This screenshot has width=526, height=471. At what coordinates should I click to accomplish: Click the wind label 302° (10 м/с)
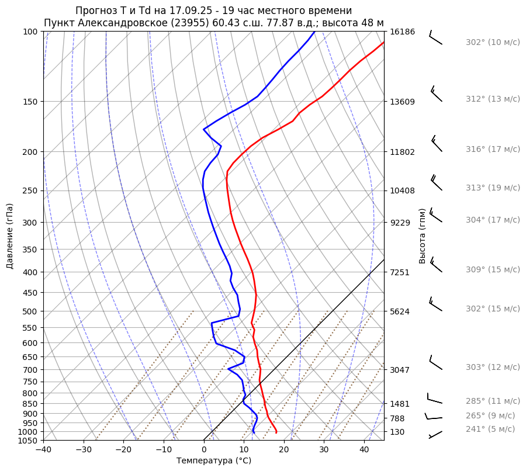pos(493,43)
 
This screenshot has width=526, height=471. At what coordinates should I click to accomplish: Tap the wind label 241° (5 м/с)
pos(490,429)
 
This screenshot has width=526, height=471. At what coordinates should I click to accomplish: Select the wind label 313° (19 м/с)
pos(493,188)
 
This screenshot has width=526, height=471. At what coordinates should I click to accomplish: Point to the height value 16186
pos(402,32)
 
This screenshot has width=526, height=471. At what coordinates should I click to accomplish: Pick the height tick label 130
pos(397,432)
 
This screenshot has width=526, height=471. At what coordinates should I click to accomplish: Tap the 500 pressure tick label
pos(30,311)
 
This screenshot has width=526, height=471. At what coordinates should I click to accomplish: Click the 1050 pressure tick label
pos(27,441)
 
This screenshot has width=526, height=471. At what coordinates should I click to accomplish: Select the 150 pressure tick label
pos(30,102)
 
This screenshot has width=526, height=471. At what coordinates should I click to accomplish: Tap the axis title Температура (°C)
pos(214,461)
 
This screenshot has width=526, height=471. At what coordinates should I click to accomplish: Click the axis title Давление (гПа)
pos(10,236)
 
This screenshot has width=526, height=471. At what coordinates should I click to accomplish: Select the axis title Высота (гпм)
pos(423,235)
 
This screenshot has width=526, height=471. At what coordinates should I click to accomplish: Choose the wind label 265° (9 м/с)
pos(490,416)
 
